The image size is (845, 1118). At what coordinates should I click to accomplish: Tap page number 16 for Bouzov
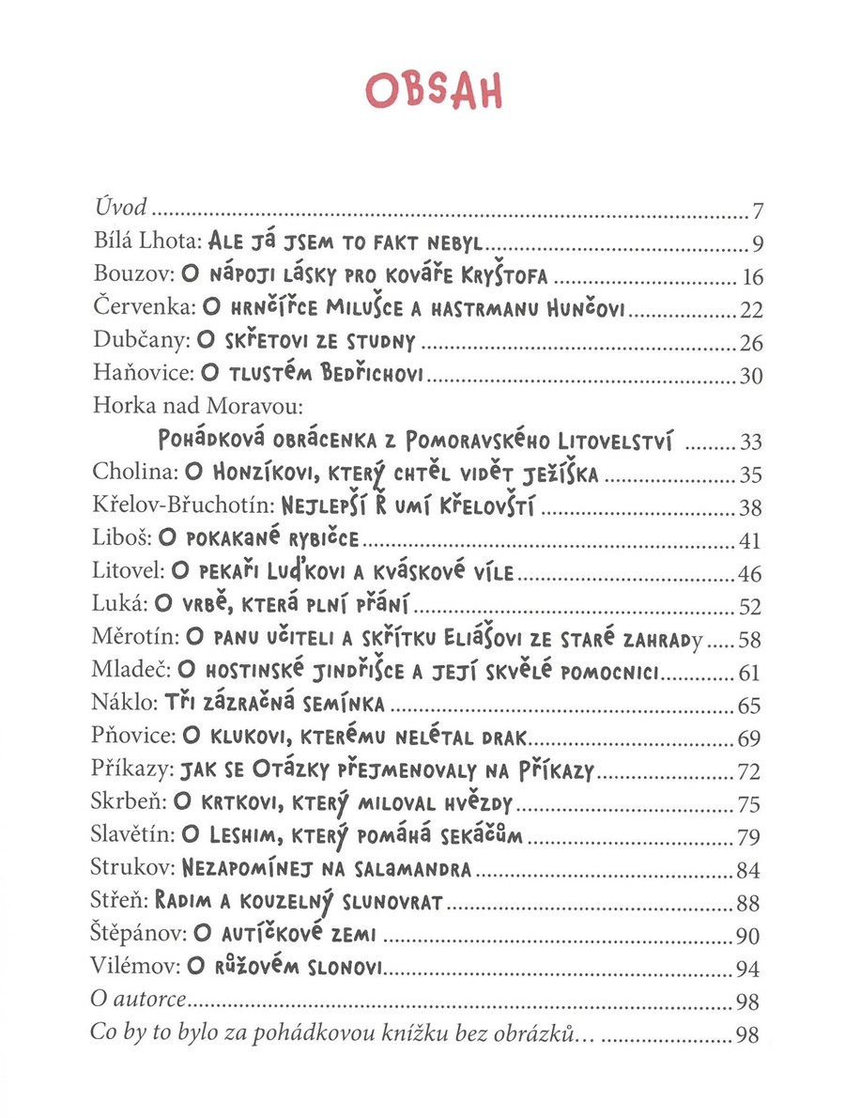pyautogui.click(x=752, y=278)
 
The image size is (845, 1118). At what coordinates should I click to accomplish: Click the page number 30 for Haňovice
pyautogui.click(x=752, y=377)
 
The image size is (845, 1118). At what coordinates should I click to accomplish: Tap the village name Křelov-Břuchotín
pyautogui.click(x=178, y=506)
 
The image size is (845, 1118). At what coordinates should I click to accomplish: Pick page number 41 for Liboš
pyautogui.click(x=752, y=542)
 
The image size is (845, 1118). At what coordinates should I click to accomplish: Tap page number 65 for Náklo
pyautogui.click(x=752, y=707)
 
